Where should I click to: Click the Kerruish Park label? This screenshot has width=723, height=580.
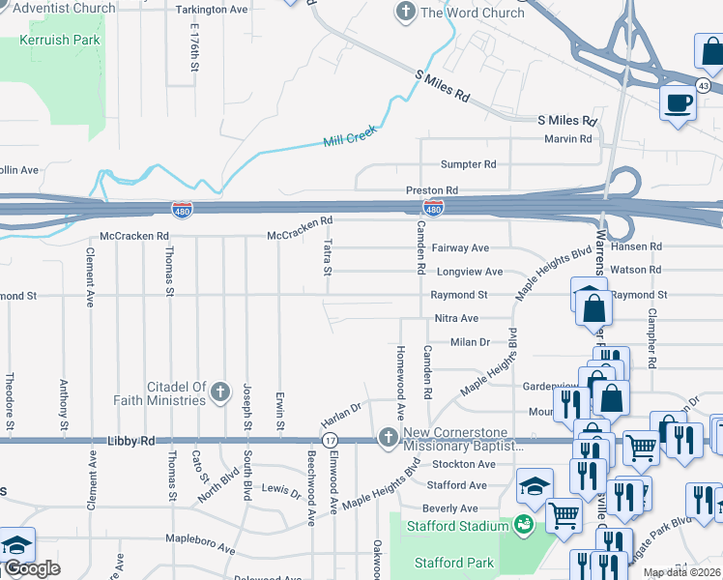59,42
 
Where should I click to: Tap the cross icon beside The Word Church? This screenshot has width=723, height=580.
405,13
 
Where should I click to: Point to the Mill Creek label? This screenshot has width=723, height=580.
348,140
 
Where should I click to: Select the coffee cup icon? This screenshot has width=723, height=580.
678,101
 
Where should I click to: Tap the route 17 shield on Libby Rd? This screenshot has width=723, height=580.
330,441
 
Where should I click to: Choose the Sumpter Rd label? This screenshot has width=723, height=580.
468,164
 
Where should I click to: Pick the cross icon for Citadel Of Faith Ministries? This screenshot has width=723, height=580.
221,392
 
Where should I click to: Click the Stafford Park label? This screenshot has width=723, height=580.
454,563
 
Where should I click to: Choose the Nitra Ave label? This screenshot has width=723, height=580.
456,318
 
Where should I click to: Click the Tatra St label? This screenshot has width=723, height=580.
329,256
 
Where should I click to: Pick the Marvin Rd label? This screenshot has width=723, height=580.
567,139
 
